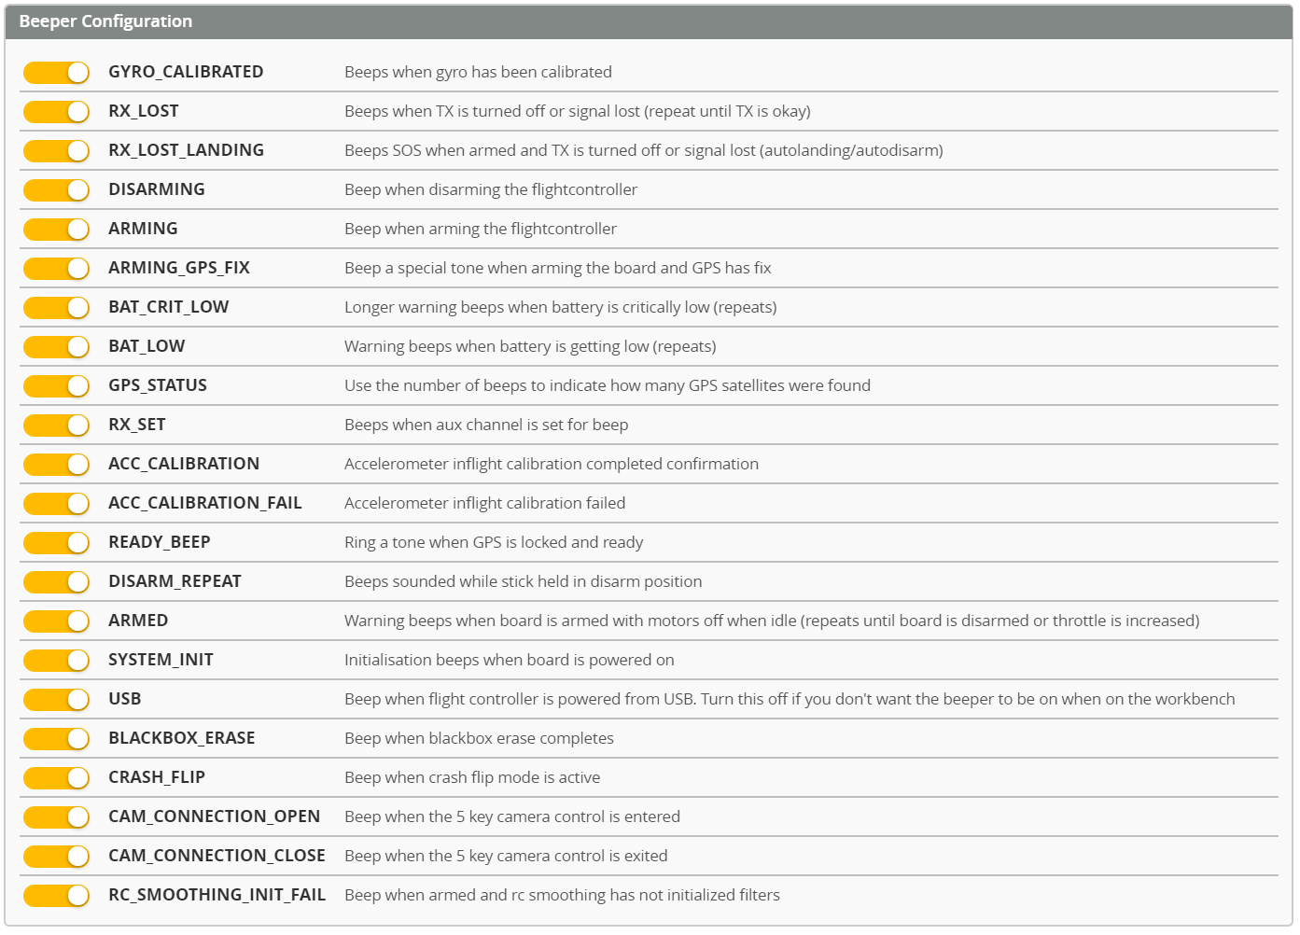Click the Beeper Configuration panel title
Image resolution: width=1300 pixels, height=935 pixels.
[x=105, y=21]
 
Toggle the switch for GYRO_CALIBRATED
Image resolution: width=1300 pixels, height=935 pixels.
[x=56, y=72]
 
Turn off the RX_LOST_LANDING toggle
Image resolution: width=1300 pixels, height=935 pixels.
[x=56, y=150]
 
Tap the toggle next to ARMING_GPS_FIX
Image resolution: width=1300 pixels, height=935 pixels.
[x=56, y=268]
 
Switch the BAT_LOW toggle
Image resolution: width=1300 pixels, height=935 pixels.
[x=56, y=346]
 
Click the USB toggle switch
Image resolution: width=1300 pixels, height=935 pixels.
[x=56, y=699]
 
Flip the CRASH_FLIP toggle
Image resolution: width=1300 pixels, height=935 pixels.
[x=56, y=777]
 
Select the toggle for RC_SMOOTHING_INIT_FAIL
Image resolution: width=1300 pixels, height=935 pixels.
[x=56, y=895]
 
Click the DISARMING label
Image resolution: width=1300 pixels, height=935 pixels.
[x=157, y=189]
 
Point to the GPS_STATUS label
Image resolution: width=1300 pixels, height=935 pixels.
[x=158, y=385]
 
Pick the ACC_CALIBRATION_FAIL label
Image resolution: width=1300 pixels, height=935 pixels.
[x=205, y=503]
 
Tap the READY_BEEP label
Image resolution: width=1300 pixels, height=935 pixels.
[x=160, y=542]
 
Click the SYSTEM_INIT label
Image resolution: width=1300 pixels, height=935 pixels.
[x=161, y=660]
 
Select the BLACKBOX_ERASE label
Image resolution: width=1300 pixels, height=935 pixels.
[x=182, y=738]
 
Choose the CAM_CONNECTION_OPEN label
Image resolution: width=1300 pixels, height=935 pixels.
[x=215, y=816]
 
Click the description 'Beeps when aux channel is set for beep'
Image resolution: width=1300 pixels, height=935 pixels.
[x=486, y=425]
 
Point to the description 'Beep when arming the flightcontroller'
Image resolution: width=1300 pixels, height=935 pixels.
[x=481, y=229]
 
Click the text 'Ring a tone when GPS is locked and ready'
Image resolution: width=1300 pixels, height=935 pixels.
[x=494, y=542]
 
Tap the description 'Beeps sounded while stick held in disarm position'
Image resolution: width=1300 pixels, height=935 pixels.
[x=523, y=581]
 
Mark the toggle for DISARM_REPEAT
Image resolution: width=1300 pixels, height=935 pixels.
[x=56, y=581]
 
